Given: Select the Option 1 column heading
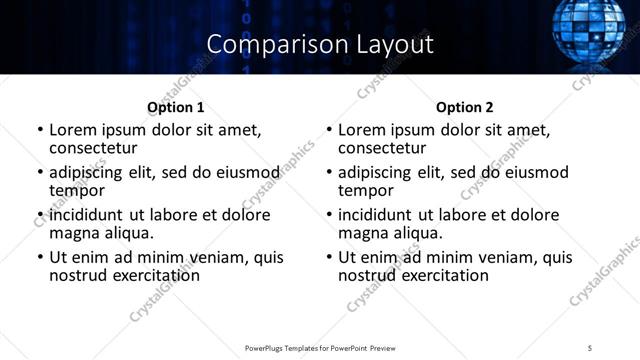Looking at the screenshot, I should tap(175, 107).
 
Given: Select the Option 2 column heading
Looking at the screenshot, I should tap(465, 107).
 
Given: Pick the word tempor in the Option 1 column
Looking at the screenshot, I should tap(78, 191).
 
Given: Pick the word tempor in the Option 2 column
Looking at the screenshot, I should tap(367, 191).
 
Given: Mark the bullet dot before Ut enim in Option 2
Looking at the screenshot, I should tap(329, 258).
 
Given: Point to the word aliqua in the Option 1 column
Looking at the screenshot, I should tap(127, 233).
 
